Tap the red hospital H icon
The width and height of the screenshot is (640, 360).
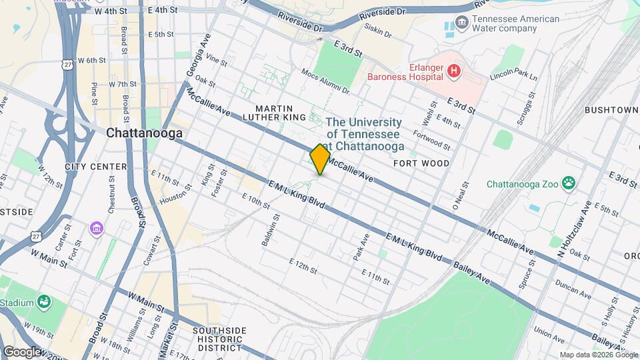(454, 71)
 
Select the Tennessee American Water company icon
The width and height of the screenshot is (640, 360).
(461, 26)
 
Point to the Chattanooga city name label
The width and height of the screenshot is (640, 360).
(145, 133)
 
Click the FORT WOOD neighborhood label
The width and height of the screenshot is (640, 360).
(421, 163)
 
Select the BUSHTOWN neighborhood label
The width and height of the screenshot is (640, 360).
(611, 109)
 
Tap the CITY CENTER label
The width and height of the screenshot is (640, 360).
(96, 166)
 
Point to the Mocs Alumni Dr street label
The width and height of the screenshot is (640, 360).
(326, 81)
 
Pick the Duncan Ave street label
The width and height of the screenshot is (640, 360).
(573, 287)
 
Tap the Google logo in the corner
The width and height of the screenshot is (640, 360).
(22, 351)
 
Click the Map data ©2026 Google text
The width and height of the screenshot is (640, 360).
(598, 355)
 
